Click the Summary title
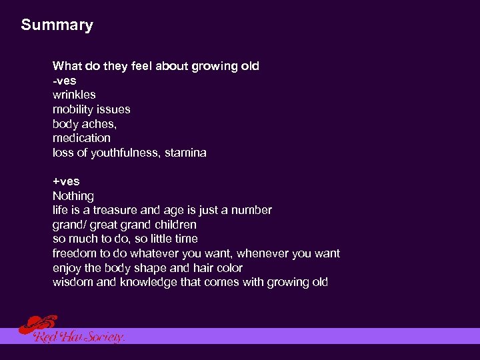[x=57, y=25]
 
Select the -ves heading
[x=65, y=81]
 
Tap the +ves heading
[x=66, y=181]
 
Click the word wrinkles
[x=74, y=95]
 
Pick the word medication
[x=81, y=138]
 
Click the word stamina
[x=187, y=153]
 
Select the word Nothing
[x=73, y=196]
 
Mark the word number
[x=251, y=210]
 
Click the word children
[x=174, y=225]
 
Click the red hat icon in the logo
[x=37, y=325]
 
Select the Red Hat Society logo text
[x=79, y=337]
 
